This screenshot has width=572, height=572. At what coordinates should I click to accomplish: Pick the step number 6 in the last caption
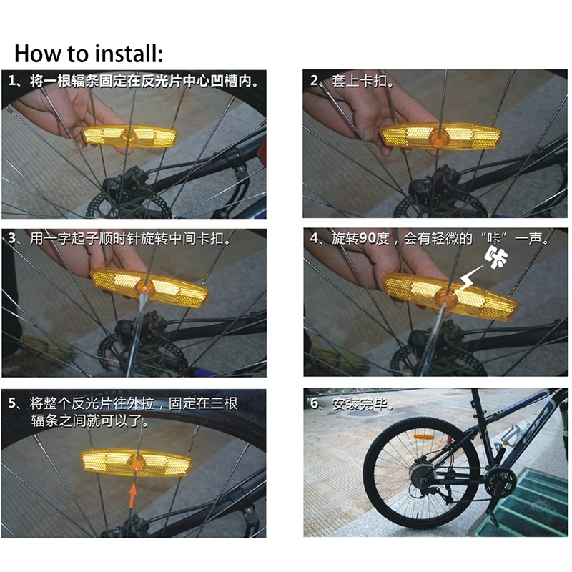click(x=313, y=404)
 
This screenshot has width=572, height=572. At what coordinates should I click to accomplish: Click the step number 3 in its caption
click(x=12, y=238)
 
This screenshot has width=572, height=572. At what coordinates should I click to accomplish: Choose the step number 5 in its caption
click(x=12, y=404)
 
